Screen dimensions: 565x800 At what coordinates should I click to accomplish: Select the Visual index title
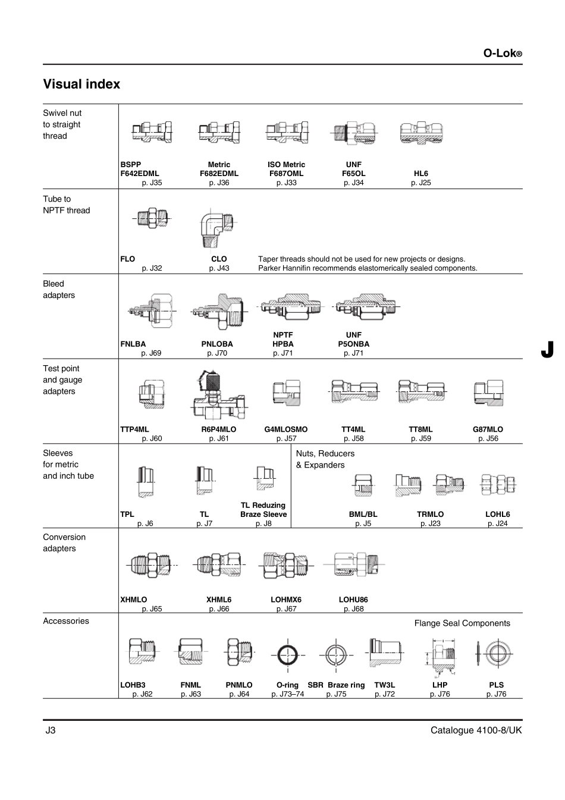(81, 84)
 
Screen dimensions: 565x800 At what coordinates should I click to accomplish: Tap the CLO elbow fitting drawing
(216, 228)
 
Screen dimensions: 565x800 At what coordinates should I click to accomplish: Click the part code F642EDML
(140, 174)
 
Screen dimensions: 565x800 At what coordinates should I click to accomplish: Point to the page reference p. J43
(219, 268)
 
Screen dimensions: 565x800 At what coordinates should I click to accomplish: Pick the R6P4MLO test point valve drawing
(219, 394)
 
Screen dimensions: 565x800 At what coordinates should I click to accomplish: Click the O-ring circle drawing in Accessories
(288, 655)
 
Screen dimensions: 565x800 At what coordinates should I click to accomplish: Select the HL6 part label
(420, 174)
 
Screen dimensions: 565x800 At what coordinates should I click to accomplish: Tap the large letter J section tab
(547, 350)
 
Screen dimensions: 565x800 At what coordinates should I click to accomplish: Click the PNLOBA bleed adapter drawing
(219, 311)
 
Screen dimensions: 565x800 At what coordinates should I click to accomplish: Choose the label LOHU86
(353, 600)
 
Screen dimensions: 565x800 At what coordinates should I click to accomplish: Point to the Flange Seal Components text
(462, 623)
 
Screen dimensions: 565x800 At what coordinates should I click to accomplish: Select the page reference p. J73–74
(287, 694)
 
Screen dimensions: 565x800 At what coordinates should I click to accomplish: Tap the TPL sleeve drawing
(145, 482)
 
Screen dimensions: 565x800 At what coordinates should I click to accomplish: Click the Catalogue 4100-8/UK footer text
(476, 730)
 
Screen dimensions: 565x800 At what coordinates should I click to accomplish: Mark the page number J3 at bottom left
(51, 730)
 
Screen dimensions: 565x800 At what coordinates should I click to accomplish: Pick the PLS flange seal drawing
(495, 654)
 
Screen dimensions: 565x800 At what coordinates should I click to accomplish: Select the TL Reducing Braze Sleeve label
(263, 510)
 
